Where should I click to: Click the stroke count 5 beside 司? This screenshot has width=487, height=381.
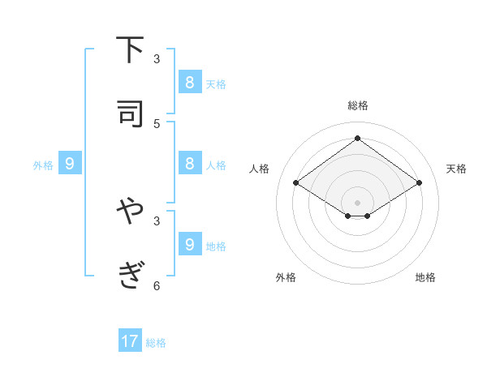157,123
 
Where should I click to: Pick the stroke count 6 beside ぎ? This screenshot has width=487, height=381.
157,285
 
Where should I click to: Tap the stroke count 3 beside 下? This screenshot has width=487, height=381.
157,59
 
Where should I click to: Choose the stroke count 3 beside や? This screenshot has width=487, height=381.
157,220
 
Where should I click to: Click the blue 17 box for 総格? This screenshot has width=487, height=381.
130,341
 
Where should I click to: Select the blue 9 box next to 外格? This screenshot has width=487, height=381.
70,164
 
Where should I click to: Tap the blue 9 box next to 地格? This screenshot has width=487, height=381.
189,244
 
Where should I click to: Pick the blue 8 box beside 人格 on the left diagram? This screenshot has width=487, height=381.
189,164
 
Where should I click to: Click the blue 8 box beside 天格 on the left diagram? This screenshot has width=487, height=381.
189,83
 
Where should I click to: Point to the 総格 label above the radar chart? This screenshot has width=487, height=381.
357,105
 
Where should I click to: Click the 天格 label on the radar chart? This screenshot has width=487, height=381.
456,169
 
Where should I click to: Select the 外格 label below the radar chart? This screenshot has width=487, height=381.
286,277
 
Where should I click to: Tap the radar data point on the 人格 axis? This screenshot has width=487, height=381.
295,183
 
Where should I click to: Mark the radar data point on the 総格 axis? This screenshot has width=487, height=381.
357,138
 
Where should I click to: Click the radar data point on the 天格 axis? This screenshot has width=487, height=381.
419,183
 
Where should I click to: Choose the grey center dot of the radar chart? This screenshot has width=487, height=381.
357,202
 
